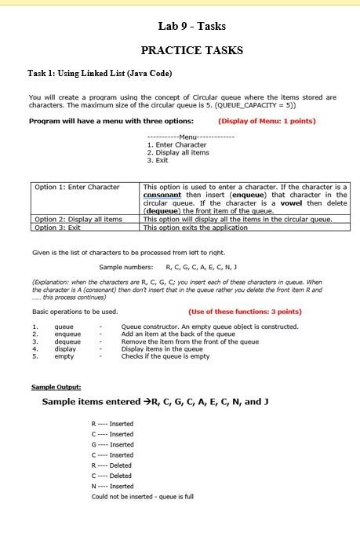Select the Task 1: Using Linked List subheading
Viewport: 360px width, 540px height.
coord(100,73)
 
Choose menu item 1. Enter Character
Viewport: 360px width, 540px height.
coord(177,144)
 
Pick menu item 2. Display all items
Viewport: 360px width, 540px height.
coord(178,152)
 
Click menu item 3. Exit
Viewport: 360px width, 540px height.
coord(158,160)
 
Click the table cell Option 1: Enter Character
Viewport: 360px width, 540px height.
coord(78,187)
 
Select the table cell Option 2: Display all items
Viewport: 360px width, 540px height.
coord(79,219)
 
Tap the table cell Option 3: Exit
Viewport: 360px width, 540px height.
coord(59,227)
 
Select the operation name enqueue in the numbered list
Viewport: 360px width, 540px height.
coord(67,334)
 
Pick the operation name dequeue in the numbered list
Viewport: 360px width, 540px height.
coord(67,341)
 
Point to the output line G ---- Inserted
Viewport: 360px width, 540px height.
coord(112,444)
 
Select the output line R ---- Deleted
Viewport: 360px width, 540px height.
coord(112,465)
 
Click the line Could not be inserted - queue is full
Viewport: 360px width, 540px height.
coord(143,496)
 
